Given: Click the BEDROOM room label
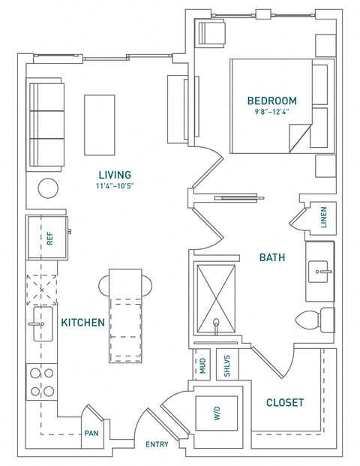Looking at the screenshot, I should coord(271,101).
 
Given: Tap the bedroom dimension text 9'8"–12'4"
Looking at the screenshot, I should coord(271,112).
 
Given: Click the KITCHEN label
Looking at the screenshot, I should coord(82,322).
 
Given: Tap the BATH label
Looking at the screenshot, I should coord(271,257).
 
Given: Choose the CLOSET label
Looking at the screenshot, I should coord(285,403).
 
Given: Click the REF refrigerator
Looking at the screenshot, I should coord(49,239).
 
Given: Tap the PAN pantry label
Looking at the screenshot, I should coord(91,433).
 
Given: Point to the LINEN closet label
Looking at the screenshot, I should coord(323,218).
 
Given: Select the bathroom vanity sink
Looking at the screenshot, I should coord(323,269).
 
